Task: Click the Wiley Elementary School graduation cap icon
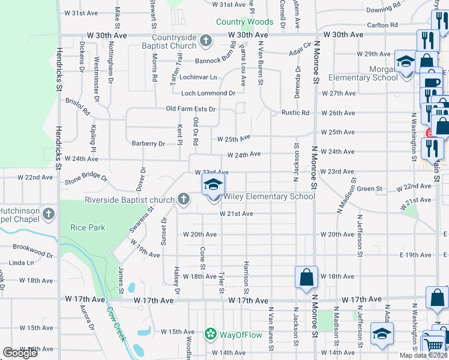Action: [x=212, y=185]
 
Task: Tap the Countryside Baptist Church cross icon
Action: [x=206, y=41]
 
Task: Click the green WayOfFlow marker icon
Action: [x=210, y=334]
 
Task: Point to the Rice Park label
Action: [x=88, y=227]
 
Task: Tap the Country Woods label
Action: [x=244, y=22]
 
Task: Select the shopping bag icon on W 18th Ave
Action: [x=306, y=277]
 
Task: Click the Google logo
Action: [x=20, y=353]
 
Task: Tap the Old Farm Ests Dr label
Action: [x=190, y=109]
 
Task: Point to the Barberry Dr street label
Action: [x=148, y=144]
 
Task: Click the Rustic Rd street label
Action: [x=295, y=113]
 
